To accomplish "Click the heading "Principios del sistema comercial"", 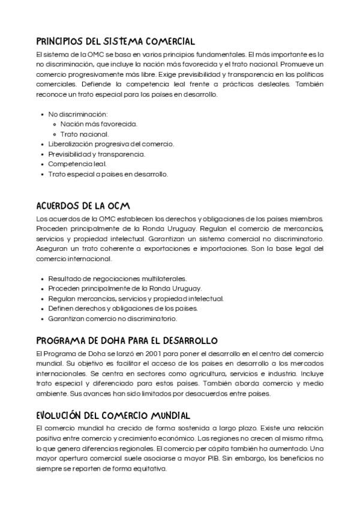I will pyautogui.click(x=115, y=41).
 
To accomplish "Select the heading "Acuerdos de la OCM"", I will pyautogui.click(x=83, y=206).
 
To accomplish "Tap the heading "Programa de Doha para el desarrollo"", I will pyautogui.click(x=127, y=340).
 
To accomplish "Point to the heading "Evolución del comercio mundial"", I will pyautogui.click(x=113, y=415).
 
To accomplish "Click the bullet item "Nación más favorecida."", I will pyautogui.click(x=99, y=124).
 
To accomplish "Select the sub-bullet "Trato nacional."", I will pyautogui.click(x=85, y=134).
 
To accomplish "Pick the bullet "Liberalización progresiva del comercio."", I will pyautogui.click(x=111, y=144).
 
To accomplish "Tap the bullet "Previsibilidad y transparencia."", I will pyautogui.click(x=97, y=154).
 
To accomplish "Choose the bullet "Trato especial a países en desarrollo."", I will pyautogui.click(x=108, y=174).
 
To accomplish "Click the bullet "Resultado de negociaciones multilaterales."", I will pyautogui.click(x=117, y=279).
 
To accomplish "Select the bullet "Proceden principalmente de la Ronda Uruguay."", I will pyautogui.click(x=125, y=288).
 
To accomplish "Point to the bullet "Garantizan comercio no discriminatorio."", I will pyautogui.click(x=112, y=318).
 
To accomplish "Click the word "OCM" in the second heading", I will pyautogui.click(x=118, y=206).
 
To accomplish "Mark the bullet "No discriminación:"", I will pyautogui.click(x=77, y=114).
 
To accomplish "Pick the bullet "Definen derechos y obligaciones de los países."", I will pyautogui.click(x=123, y=309).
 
